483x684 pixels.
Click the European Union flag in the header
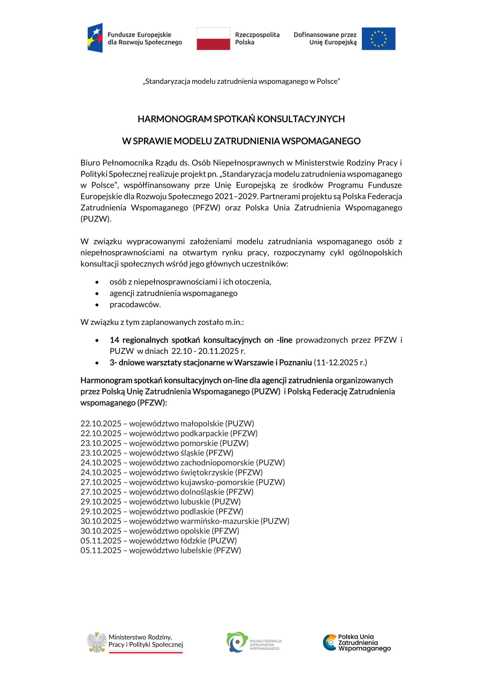(378, 39)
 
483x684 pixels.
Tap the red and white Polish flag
(213, 39)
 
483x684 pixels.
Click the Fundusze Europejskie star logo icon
(95, 38)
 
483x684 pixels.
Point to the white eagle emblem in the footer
(97, 642)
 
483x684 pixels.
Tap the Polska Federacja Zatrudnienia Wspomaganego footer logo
(254, 642)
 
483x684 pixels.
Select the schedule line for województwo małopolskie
(167, 423)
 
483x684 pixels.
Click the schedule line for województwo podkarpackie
(169, 433)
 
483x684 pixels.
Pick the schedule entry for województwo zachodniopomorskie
(183, 462)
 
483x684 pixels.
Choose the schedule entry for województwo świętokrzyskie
(172, 472)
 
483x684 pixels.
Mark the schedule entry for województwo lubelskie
(161, 550)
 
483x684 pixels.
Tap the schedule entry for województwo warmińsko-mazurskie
(185, 521)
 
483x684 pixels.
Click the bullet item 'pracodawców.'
(135, 304)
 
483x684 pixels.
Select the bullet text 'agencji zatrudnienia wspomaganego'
(173, 293)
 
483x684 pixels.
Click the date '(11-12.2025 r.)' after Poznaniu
(340, 362)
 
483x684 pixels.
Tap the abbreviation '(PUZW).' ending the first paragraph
(96, 219)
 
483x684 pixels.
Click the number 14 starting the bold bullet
(114, 340)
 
